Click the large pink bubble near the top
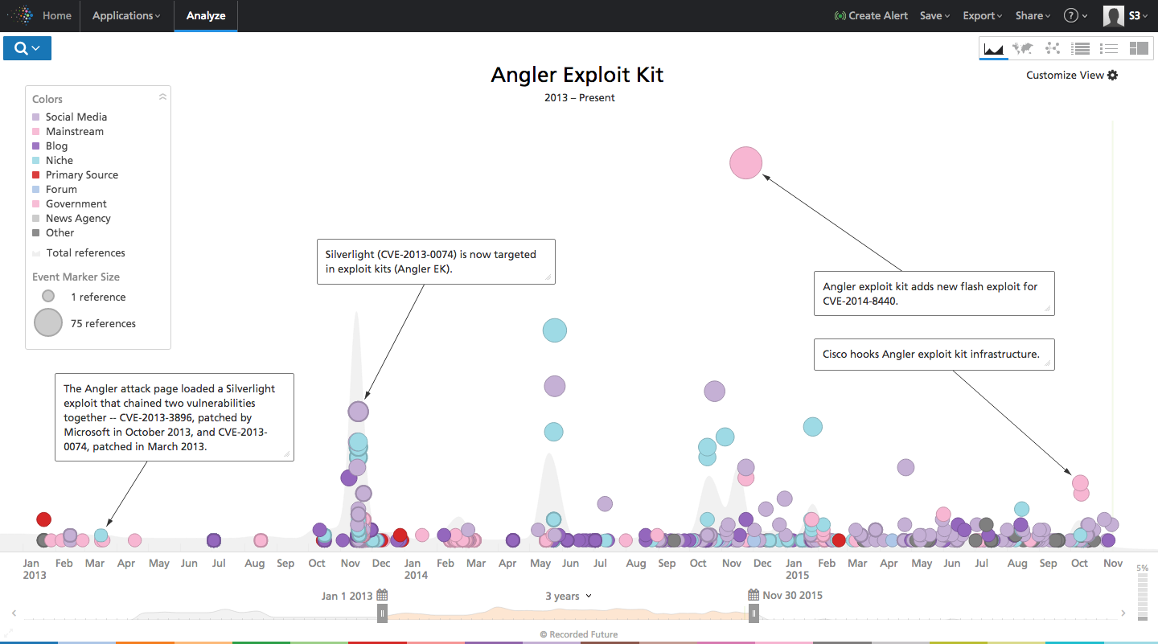pyautogui.click(x=745, y=163)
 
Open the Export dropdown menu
pyautogui.click(x=982, y=15)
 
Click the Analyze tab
pyautogui.click(x=206, y=15)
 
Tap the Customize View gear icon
pyautogui.click(x=1113, y=75)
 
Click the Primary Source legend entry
pyautogui.click(x=81, y=174)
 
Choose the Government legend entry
pyautogui.click(x=76, y=203)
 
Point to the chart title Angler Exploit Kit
pyautogui.click(x=577, y=75)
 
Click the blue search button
pyautogui.click(x=27, y=48)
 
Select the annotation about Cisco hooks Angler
pyautogui.click(x=931, y=354)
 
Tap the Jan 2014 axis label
pyautogui.click(x=416, y=568)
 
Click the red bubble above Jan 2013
pyautogui.click(x=43, y=519)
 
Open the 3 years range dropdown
pyautogui.click(x=568, y=596)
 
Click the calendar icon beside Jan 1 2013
pyautogui.click(x=382, y=596)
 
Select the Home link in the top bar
pyautogui.click(x=56, y=15)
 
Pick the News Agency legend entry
pyautogui.click(x=78, y=218)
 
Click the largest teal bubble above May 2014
pyautogui.click(x=555, y=330)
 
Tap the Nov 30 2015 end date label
pyautogui.click(x=794, y=596)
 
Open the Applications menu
pyautogui.click(x=126, y=15)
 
